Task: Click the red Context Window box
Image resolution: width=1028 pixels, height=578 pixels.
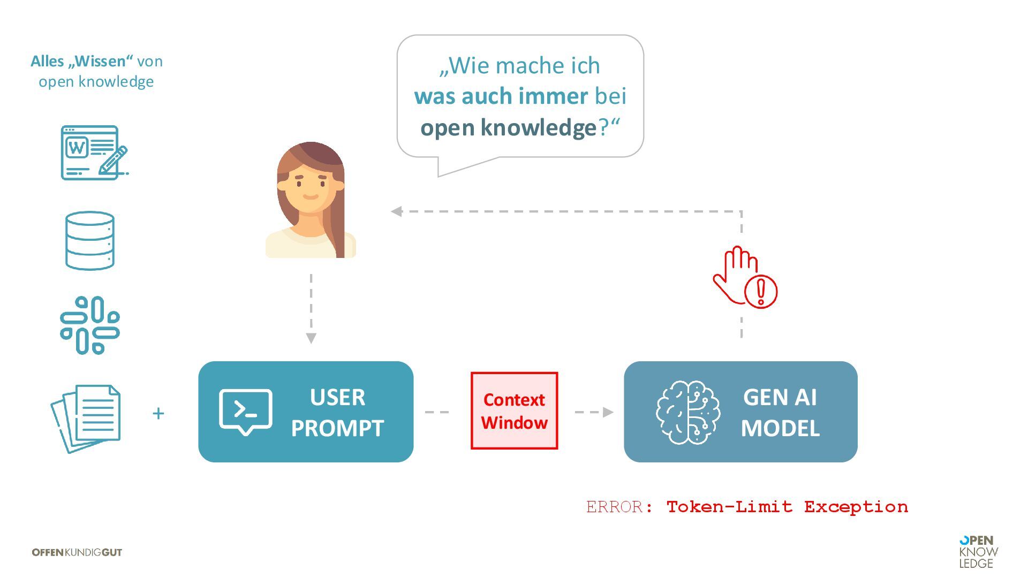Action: point(514,410)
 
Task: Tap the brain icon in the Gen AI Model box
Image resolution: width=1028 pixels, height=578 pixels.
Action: point(688,412)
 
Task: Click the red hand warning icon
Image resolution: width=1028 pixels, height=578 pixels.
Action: point(744,277)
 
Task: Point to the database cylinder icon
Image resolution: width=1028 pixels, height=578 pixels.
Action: point(90,240)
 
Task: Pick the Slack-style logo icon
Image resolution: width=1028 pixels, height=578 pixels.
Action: point(90,325)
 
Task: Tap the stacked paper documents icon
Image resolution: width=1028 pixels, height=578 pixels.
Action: point(87,418)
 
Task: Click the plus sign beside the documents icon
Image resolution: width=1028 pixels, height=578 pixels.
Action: point(158,413)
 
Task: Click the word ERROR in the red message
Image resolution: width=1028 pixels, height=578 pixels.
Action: point(614,507)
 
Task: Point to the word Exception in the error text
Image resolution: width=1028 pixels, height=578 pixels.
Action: point(856,507)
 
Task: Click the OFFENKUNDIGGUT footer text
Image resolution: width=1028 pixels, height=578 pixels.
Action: point(77,552)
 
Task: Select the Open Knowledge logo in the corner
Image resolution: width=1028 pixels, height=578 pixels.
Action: point(978,552)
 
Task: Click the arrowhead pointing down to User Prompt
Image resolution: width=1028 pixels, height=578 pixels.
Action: point(311,338)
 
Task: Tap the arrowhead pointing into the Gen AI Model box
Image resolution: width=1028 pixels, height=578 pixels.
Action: point(608,412)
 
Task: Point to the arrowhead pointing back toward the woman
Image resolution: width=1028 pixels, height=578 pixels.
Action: point(397,211)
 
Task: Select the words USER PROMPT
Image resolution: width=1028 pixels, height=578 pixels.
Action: point(337,413)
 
